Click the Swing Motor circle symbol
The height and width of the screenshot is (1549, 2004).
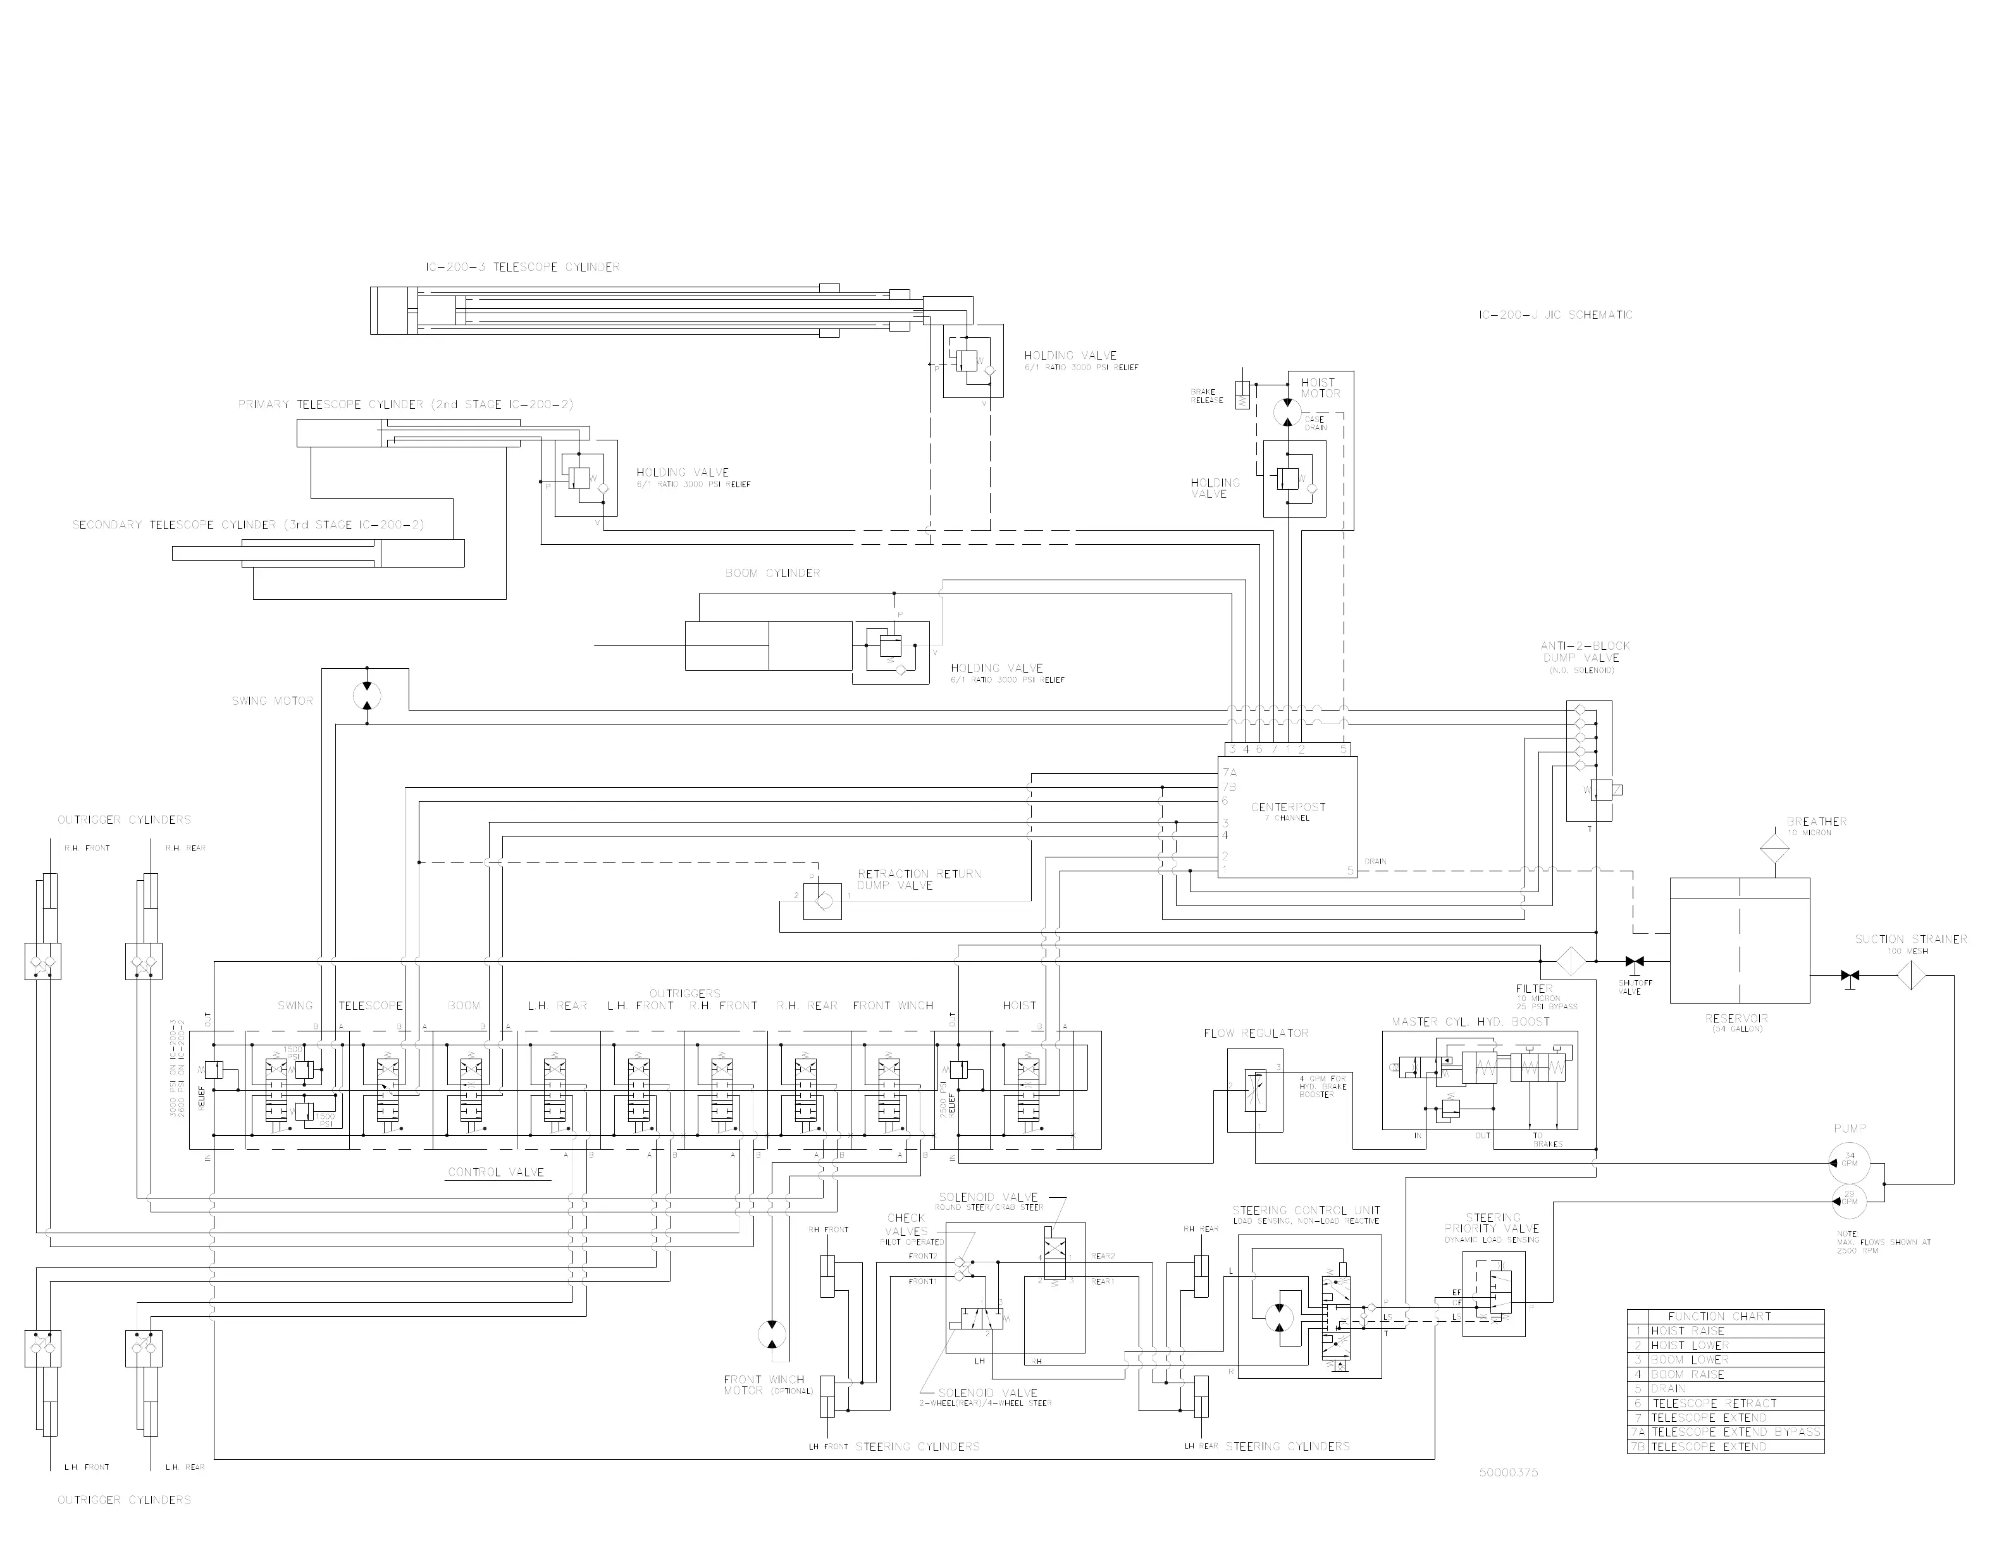coord(367,695)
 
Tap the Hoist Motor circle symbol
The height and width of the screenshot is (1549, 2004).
coord(1287,412)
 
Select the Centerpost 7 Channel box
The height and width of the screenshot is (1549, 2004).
coord(1287,817)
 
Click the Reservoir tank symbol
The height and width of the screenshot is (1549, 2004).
coord(1739,940)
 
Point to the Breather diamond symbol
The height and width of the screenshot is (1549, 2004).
coord(1774,845)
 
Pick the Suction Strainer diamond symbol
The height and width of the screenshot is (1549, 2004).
coord(1910,974)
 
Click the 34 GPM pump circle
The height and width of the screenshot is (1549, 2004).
coord(1849,1162)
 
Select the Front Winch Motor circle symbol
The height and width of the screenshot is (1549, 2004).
coord(772,1334)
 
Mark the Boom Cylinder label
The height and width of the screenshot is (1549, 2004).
coord(772,573)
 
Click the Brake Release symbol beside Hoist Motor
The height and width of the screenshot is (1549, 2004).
coord(1242,395)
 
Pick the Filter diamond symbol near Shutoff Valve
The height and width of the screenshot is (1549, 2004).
coord(1571,961)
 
